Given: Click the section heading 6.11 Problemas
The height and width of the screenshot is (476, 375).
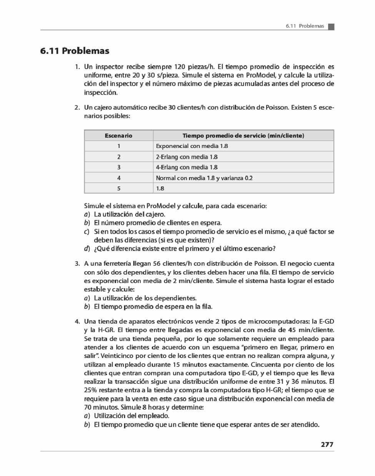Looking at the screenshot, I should (75, 51).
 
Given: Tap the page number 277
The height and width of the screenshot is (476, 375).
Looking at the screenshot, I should (327, 444).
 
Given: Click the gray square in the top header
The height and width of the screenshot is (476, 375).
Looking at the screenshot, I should (331, 27).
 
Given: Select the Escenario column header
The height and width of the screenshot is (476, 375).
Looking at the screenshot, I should (118, 136).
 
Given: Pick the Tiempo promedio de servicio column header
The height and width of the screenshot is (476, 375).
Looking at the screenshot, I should (243, 136).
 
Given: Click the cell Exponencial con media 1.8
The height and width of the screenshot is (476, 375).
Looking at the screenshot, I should (192, 146).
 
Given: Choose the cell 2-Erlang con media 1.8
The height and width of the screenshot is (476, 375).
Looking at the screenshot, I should (187, 157).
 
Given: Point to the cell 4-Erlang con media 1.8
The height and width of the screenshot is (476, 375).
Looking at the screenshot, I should (187, 167).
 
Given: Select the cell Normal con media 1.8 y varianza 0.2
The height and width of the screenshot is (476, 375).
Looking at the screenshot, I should (204, 178).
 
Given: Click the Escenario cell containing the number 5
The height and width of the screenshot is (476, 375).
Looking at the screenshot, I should (119, 188).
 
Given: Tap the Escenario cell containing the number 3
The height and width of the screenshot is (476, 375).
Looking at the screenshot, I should (119, 167).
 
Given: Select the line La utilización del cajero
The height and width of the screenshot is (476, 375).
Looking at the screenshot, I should (129, 214).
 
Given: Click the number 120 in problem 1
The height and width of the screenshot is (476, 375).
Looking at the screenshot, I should (180, 67).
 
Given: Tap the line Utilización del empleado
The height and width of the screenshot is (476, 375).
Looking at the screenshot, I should (131, 416).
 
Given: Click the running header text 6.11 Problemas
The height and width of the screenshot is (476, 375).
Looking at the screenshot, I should (305, 26).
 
